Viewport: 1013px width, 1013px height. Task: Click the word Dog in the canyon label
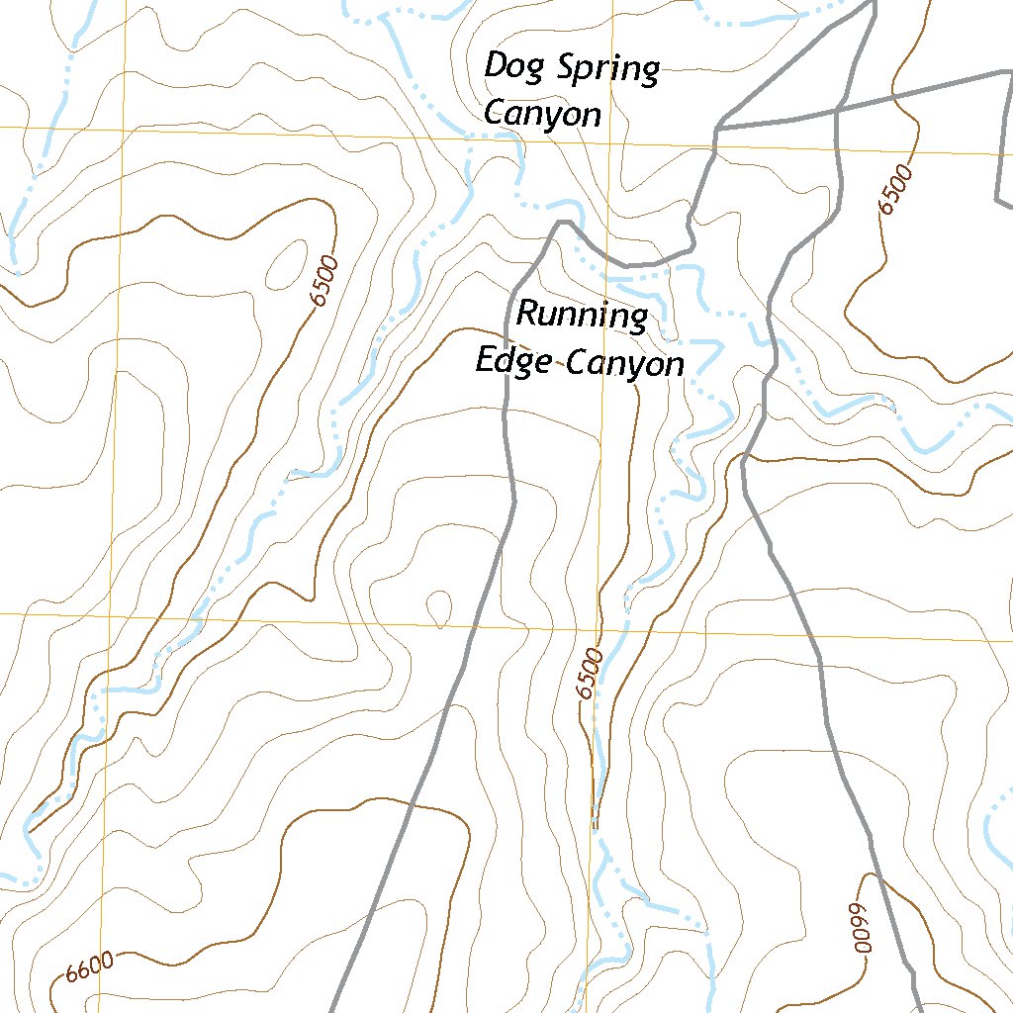point(505,68)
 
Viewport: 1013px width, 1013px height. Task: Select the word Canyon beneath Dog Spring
point(542,115)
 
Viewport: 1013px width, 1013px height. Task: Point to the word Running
point(582,318)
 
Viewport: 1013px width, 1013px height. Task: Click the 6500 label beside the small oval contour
point(323,281)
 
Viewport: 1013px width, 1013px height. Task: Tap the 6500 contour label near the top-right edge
point(894,190)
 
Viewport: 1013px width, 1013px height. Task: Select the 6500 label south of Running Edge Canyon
point(591,674)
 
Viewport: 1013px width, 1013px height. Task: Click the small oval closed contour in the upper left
point(285,262)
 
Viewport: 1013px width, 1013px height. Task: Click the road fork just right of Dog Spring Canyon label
point(716,129)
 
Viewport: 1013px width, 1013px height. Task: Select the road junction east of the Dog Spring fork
point(836,110)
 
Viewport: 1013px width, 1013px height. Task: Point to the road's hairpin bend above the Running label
point(561,225)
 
